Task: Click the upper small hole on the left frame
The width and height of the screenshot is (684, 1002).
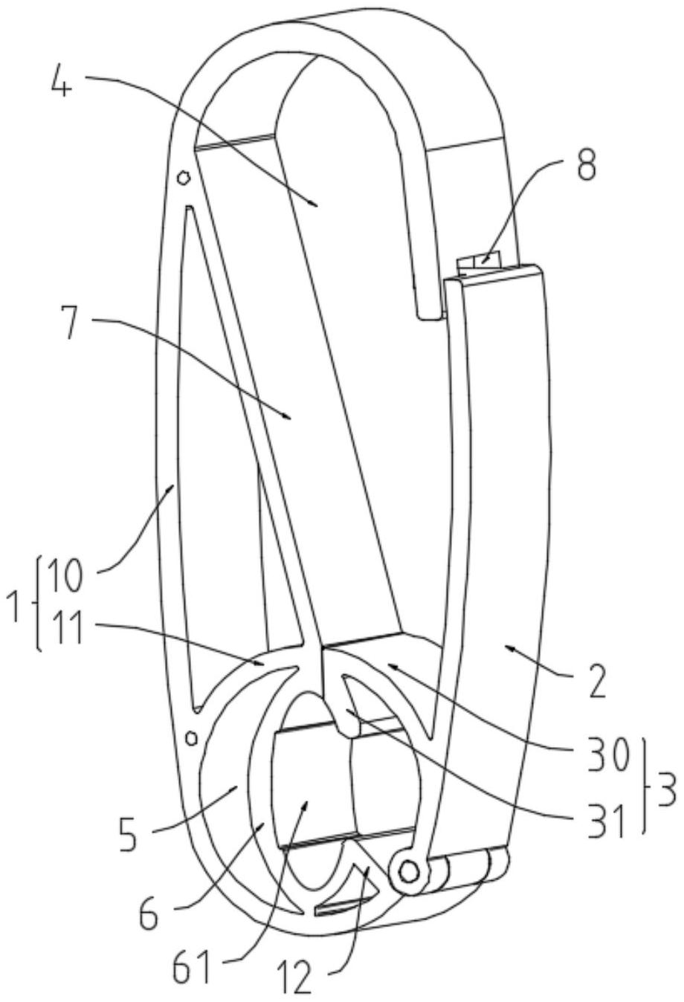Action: [x=184, y=179]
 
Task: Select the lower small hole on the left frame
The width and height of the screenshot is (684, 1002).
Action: [x=192, y=737]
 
